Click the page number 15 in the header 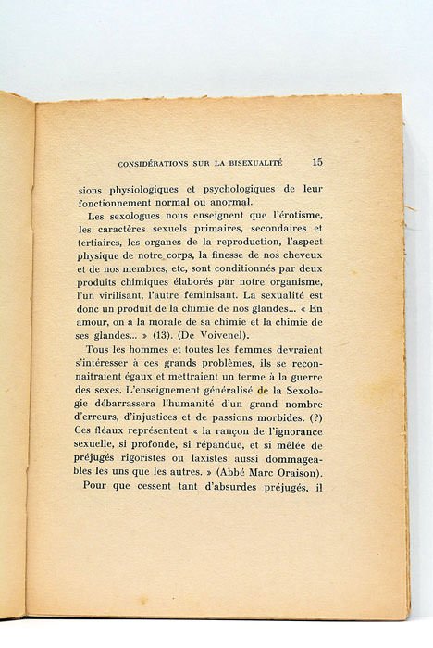[x=317, y=162]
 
